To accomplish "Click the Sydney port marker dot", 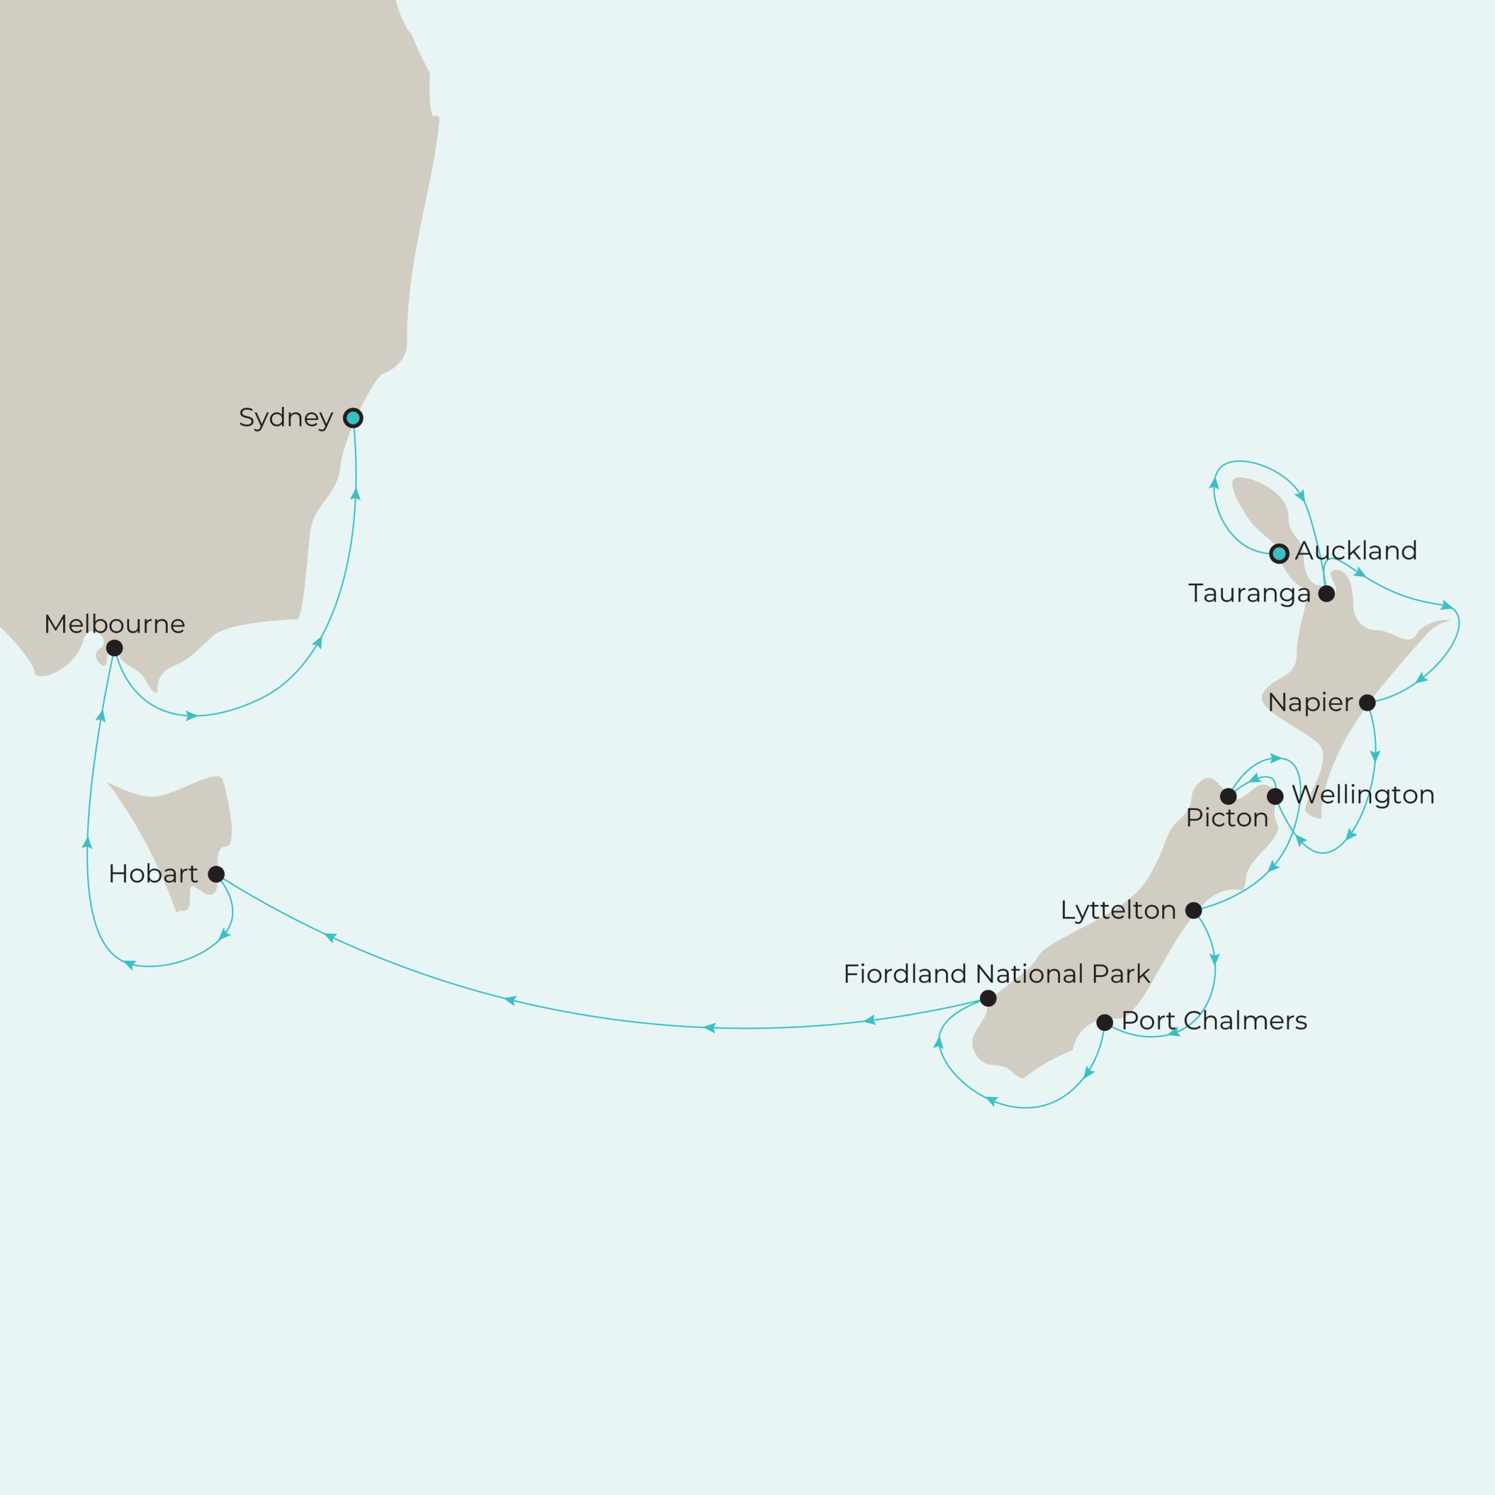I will [x=353, y=418].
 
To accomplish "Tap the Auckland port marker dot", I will [x=1279, y=553].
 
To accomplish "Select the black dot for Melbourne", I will [x=114, y=648].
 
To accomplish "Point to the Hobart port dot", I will [x=217, y=874].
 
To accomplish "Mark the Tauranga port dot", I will [x=1326, y=593].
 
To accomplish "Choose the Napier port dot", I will [x=1367, y=703].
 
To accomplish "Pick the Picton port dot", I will [x=1228, y=796].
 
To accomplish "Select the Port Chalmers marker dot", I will [x=1105, y=1022].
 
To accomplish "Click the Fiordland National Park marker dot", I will [x=988, y=998].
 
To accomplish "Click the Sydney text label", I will [x=286, y=418].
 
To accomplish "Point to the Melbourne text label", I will [x=114, y=624].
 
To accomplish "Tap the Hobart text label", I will [x=153, y=874].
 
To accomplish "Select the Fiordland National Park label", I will [x=996, y=974].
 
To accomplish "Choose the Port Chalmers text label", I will [x=1214, y=1021].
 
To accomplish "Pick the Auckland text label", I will [x=1355, y=551].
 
